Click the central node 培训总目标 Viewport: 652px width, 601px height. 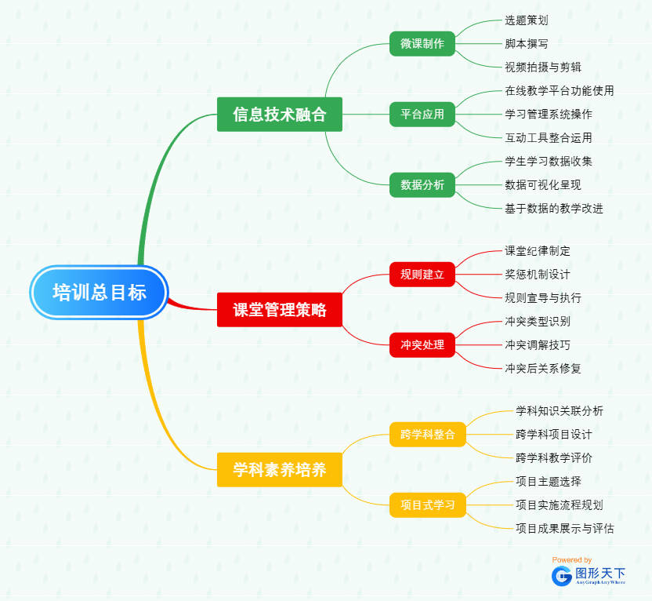point(100,293)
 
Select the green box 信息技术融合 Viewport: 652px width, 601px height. point(280,115)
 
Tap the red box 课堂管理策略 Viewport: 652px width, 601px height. point(280,309)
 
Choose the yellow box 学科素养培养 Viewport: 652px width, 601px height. point(280,470)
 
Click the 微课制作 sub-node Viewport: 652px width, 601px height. point(422,44)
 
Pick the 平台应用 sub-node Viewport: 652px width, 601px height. point(422,115)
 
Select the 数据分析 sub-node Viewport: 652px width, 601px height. point(422,185)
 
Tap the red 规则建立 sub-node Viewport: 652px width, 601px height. point(422,275)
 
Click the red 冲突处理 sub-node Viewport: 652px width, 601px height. point(422,344)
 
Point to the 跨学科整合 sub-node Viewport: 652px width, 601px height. point(428,434)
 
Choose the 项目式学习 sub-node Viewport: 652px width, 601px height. point(428,504)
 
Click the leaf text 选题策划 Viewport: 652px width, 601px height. point(527,20)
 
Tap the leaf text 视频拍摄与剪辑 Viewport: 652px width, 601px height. point(543,67)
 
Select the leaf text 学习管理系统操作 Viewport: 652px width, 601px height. point(549,114)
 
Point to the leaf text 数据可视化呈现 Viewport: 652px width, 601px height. point(543,184)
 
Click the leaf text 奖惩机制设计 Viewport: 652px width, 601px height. point(538,274)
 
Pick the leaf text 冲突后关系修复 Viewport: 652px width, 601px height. point(543,367)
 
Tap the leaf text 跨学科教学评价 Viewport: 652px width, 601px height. point(554,457)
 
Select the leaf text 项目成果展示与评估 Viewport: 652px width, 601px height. point(565,528)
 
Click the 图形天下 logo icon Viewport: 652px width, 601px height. point(562,576)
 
